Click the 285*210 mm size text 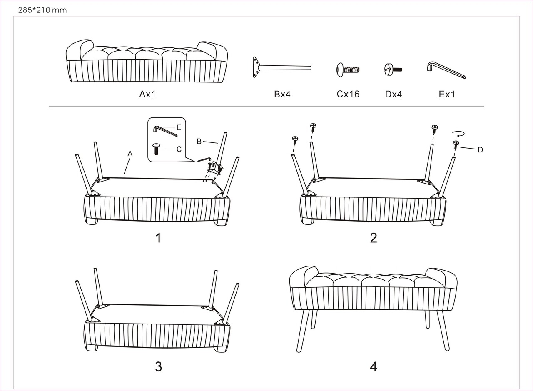coord(42,10)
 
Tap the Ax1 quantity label coord(147,94)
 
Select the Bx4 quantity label coord(282,94)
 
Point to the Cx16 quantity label coord(348,94)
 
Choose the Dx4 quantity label coord(394,94)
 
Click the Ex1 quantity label coord(447,94)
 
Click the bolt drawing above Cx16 coord(348,70)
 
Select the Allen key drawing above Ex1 coord(446,70)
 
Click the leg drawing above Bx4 coord(282,67)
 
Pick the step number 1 coord(158,238)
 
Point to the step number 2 coord(374,238)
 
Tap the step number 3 coord(159,367)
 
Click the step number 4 coord(374,367)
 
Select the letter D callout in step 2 coord(481,150)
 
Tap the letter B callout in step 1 coord(199,142)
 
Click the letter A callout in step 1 coord(130,154)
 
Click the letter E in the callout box coord(179,127)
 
